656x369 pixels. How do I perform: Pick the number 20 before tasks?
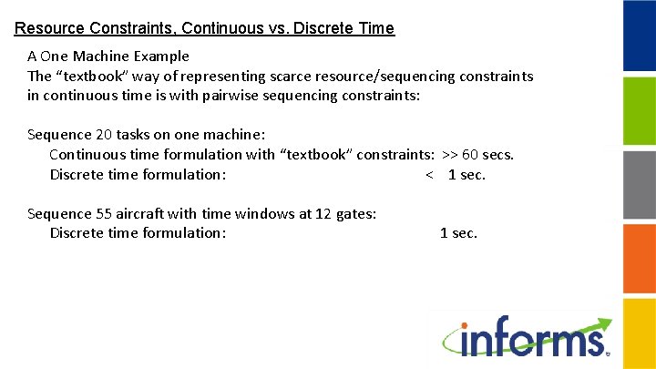pos(103,135)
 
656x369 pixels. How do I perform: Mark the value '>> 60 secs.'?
pos(477,154)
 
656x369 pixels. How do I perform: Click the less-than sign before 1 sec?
pos(429,174)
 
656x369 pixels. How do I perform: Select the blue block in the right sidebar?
pos(639,36)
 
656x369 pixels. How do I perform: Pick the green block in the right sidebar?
pos(639,110)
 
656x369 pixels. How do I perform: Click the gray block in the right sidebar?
pos(639,184)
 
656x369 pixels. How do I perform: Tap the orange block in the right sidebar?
pos(639,258)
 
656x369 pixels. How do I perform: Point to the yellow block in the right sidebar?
pos(639,332)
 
